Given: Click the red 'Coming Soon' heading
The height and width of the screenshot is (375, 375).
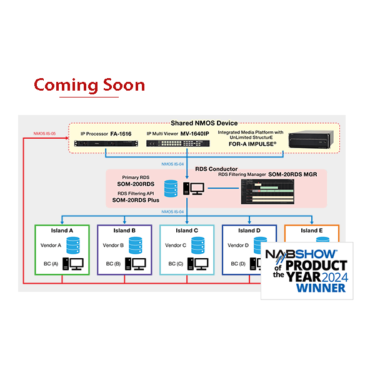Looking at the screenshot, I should tap(89, 85).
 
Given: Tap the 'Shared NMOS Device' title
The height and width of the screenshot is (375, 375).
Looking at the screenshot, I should tap(204, 122).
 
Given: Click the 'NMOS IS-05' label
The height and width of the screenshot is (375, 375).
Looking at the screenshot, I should tap(46, 133).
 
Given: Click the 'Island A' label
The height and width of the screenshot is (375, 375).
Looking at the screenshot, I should tap(62, 231).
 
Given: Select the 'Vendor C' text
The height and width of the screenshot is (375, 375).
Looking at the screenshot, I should tap(176, 246).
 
